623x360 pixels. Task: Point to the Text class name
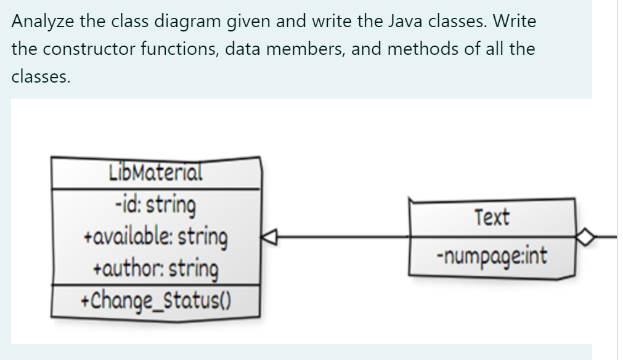pyautogui.click(x=492, y=217)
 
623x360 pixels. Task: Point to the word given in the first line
pyautogui.click(x=256, y=22)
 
